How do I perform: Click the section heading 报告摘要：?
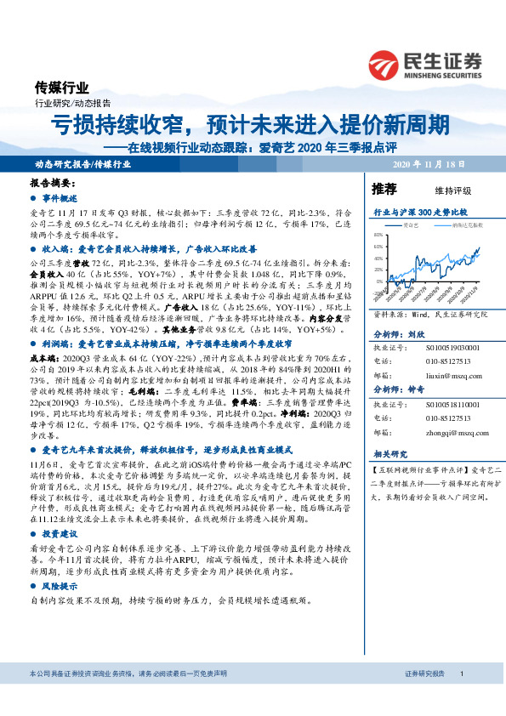52,184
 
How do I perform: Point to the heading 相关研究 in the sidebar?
391,454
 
